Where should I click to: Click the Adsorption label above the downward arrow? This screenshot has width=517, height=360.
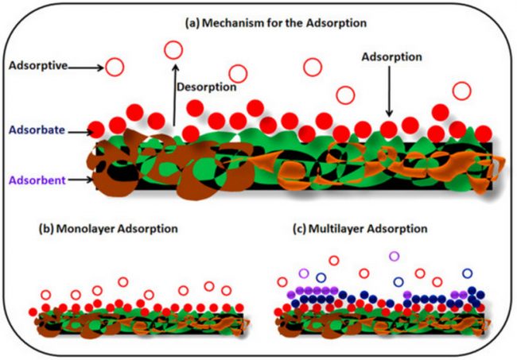pos(391,58)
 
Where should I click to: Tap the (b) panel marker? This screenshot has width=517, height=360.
pos(46,229)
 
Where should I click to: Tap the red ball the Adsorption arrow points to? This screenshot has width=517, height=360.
pos(389,128)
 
